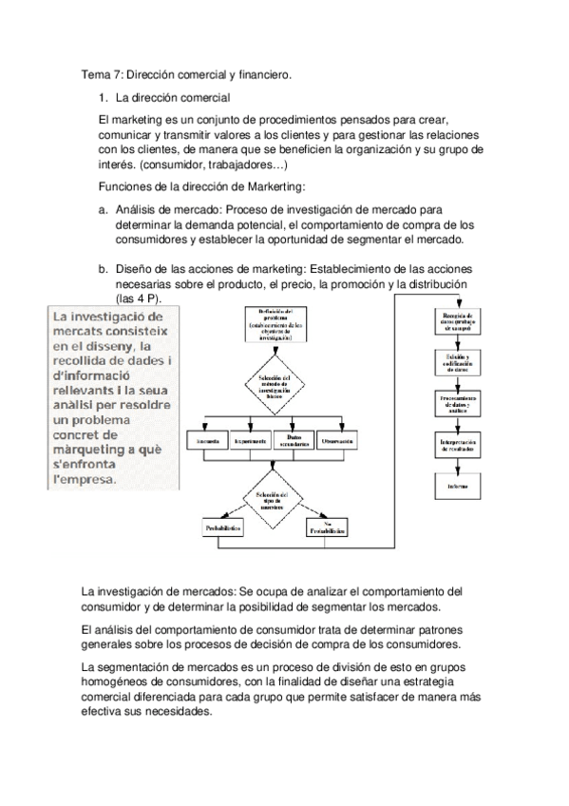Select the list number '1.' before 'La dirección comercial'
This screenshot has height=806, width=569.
tap(104, 98)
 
